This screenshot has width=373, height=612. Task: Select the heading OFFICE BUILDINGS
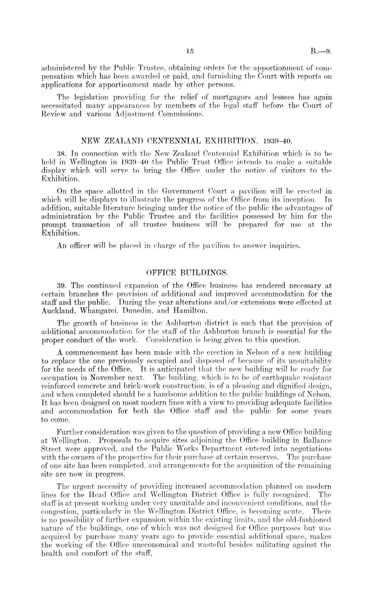click(186, 272)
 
